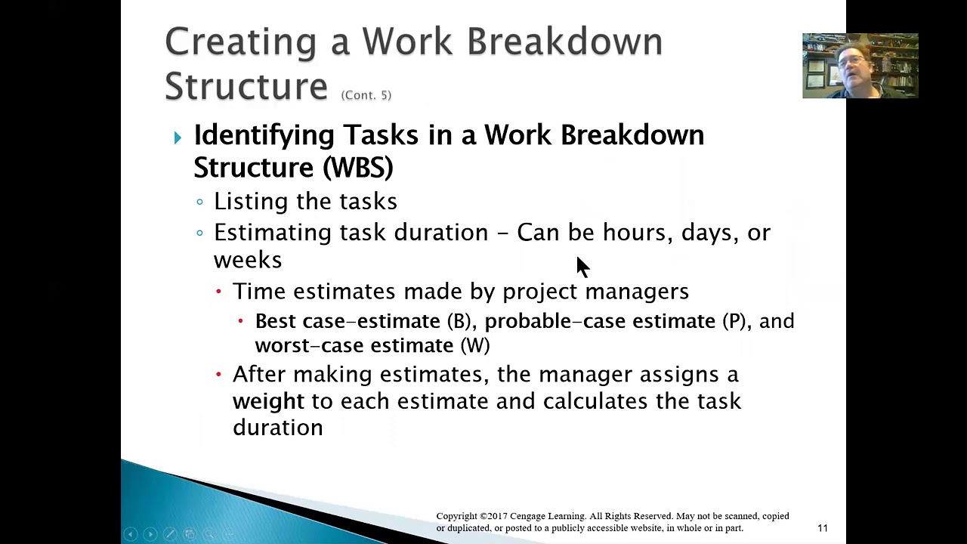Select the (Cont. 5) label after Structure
point(366,95)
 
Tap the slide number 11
point(822,528)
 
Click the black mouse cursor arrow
point(582,266)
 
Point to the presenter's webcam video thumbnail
point(860,66)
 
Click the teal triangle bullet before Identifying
point(178,138)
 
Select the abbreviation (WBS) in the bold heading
point(357,167)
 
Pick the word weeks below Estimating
point(248,260)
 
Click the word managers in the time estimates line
point(636,292)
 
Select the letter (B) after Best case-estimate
point(459,322)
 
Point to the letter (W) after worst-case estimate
point(475,346)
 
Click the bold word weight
point(268,401)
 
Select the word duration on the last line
point(277,428)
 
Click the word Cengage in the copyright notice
point(533,516)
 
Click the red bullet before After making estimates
point(219,374)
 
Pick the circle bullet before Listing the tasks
point(199,202)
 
